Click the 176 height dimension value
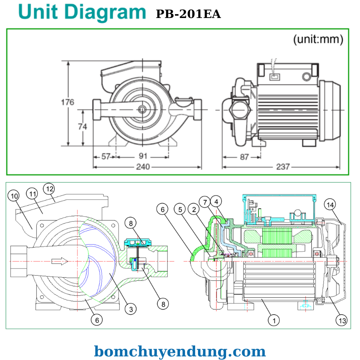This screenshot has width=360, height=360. (67, 102)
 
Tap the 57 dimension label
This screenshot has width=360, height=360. (105, 157)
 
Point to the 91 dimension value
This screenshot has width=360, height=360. (143, 157)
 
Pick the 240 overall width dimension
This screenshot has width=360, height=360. (143, 167)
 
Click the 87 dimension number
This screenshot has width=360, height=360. (244, 157)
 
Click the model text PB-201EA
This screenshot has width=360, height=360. (188, 14)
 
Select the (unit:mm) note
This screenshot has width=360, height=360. (318, 39)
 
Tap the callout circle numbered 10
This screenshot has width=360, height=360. (14, 196)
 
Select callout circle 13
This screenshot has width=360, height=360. (342, 320)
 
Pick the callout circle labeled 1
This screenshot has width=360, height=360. (274, 320)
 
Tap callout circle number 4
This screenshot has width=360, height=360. (216, 201)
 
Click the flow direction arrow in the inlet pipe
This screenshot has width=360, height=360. (59, 261)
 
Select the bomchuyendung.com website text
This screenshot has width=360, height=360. (180, 351)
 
